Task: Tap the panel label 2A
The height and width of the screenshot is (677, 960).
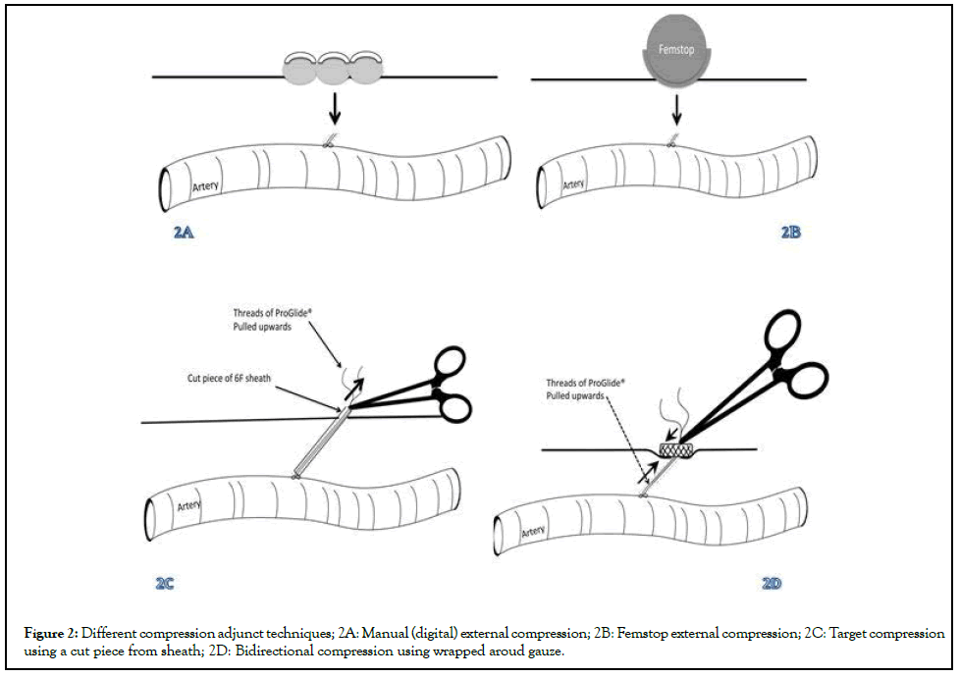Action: click(x=182, y=234)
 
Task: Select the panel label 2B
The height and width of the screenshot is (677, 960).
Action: click(x=790, y=234)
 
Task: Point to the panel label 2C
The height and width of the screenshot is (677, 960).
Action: click(x=165, y=583)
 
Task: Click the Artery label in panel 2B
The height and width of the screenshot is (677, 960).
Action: click(x=573, y=183)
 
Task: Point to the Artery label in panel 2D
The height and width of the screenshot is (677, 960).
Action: click(x=533, y=531)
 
